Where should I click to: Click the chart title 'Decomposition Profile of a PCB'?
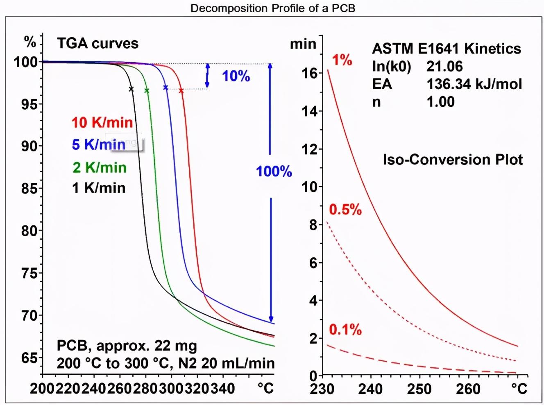pyautogui.click(x=272, y=8)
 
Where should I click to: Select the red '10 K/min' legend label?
pyautogui.click(x=102, y=122)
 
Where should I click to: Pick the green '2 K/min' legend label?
pyautogui.click(x=100, y=167)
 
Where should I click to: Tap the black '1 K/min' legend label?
pyautogui.click(x=99, y=188)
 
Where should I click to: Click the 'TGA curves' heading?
pyautogui.click(x=97, y=43)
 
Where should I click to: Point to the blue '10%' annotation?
pyautogui.click(x=236, y=76)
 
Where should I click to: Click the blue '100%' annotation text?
pyautogui.click(x=274, y=171)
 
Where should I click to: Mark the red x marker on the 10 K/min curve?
pyautogui.click(x=181, y=90)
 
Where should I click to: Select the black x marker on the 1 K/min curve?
pyautogui.click(x=131, y=89)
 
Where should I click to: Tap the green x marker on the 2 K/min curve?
pyautogui.click(x=147, y=90)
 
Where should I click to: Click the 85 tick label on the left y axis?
pyautogui.click(x=29, y=189)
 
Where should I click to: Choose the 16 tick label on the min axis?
pyautogui.click(x=310, y=73)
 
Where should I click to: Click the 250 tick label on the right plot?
pyautogui.click(x=419, y=389)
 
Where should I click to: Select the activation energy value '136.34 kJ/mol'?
pyautogui.click(x=474, y=84)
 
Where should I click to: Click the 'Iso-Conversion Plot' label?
pyautogui.click(x=453, y=160)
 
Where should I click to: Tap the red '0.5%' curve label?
pyautogui.click(x=345, y=210)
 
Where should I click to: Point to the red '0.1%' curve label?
pyautogui.click(x=345, y=330)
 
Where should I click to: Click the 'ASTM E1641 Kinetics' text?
pyautogui.click(x=447, y=49)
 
